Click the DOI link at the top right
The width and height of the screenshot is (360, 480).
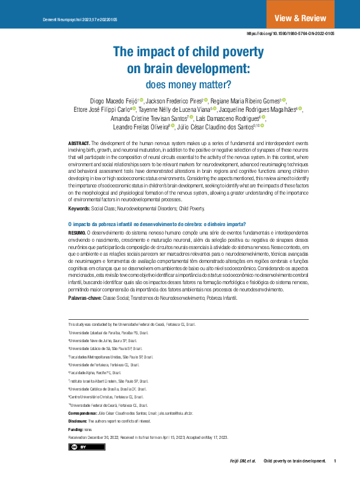point(291,34)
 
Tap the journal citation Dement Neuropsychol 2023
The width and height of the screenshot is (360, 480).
point(80,20)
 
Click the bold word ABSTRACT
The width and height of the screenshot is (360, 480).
point(79,142)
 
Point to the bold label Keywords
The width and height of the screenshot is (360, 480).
point(79,209)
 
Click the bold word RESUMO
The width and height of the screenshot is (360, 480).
point(77,233)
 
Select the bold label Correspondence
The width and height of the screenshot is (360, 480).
point(86,412)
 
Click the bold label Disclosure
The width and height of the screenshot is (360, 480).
point(77,420)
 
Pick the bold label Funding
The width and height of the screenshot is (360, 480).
point(75,429)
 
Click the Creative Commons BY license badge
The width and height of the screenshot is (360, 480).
point(78,446)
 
